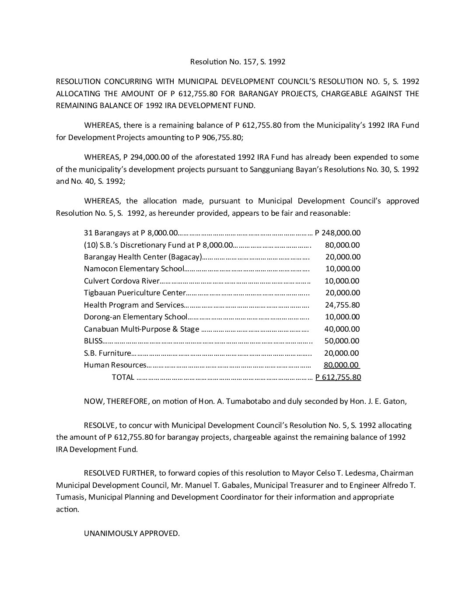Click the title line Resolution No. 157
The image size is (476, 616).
(238, 62)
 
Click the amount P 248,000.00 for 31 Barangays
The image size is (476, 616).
(338, 233)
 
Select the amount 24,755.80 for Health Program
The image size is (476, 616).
(342, 305)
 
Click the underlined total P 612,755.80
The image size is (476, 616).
(338, 377)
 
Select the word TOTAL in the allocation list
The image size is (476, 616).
(123, 377)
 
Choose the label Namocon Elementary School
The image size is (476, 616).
(134, 269)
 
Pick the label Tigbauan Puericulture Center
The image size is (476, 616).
(134, 293)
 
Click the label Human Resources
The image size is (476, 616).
(115, 365)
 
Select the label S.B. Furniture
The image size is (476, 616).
(107, 353)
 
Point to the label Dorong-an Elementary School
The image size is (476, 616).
(135, 317)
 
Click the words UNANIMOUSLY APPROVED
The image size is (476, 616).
(132, 533)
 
